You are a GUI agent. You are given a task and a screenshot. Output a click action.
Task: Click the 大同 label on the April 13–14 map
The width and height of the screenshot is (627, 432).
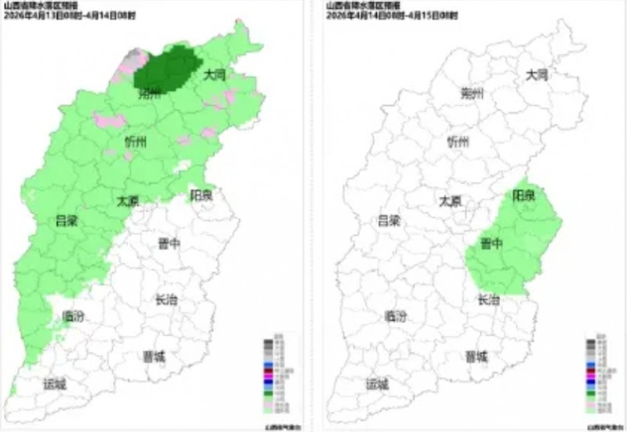tap(215, 75)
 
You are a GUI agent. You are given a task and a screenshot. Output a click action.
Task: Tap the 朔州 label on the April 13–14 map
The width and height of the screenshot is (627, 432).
tap(148, 94)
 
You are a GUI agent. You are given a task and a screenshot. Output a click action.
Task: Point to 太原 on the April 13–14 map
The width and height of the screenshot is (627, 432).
tap(128, 200)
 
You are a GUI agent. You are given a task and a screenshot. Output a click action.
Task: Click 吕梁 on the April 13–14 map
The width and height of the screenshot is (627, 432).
tap(67, 220)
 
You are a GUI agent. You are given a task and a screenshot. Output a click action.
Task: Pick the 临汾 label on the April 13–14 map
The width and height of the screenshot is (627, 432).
tap(73, 317)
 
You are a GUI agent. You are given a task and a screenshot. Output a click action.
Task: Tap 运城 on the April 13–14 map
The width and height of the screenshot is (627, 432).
tap(55, 384)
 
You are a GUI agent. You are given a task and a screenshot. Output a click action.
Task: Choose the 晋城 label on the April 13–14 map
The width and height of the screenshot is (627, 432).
tap(154, 357)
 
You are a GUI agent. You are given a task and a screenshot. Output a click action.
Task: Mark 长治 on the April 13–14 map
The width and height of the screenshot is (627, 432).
tap(166, 299)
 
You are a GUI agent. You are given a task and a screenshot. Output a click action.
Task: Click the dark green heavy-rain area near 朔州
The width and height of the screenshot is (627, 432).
tap(165, 67)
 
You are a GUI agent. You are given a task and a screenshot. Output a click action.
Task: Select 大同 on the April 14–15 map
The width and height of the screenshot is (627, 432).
tap(537, 75)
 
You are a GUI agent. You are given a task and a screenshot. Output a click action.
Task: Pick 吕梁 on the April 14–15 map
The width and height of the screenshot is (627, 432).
tap(389, 220)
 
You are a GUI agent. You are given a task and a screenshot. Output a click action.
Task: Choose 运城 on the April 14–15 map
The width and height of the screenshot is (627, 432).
tap(377, 384)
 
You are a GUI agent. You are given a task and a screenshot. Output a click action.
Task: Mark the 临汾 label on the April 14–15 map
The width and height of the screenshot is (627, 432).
tap(396, 317)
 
